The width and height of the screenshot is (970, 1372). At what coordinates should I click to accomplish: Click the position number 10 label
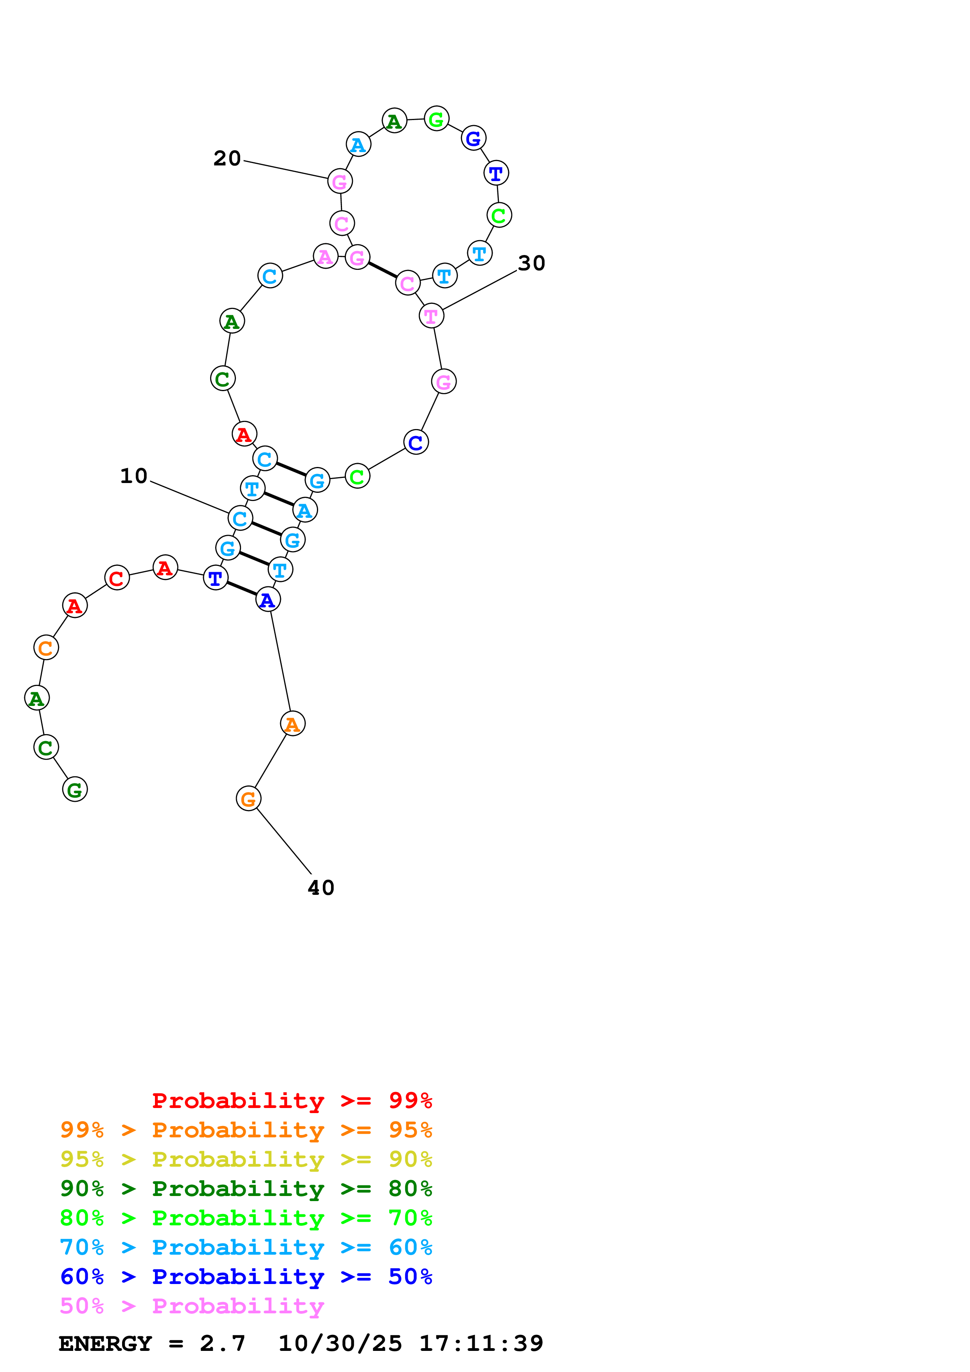(133, 476)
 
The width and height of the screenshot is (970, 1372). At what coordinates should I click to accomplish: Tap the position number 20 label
(227, 158)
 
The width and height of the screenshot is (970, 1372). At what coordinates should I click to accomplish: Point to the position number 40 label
(321, 887)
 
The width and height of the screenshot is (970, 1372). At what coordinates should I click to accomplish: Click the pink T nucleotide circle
(431, 316)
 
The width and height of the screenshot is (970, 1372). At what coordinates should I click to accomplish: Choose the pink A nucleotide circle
(325, 256)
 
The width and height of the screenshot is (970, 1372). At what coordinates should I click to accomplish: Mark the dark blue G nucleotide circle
(473, 138)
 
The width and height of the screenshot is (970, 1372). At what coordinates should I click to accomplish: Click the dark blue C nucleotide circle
(416, 442)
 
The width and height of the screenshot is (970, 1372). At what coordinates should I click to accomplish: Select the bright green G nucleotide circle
(436, 119)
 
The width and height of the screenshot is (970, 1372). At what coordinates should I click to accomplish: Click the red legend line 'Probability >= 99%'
(292, 1100)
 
